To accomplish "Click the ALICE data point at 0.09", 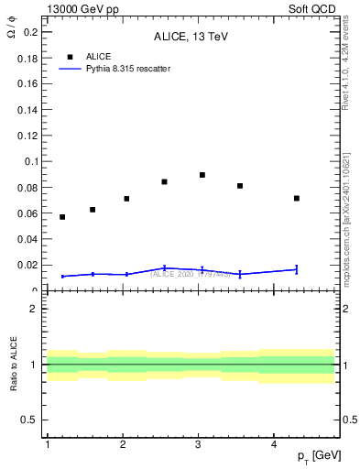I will (202, 175).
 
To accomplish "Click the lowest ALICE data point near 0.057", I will (62, 217).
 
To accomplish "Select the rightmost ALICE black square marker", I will (297, 198).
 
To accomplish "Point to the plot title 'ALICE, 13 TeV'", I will (191, 37).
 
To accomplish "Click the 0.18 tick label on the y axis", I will (27, 58).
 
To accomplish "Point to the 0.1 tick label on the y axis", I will (29, 161).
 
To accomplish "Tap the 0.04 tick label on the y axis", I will (27, 239).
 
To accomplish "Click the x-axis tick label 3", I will (199, 444).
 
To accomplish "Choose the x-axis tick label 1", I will (47, 444).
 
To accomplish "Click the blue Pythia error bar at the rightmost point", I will (297, 269).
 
